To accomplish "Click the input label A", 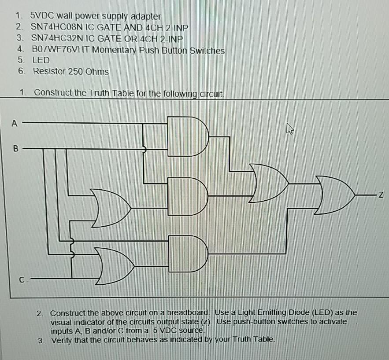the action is [x=14, y=124].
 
